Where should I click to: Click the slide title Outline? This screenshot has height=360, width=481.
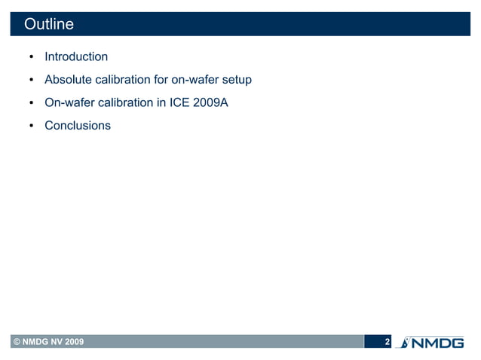tap(49, 24)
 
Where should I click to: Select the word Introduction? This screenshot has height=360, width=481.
tap(76, 56)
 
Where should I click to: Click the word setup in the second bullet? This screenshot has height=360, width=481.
tap(235, 79)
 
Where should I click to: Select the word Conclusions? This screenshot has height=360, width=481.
tap(78, 125)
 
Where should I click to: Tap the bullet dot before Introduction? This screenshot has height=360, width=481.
tap(31, 57)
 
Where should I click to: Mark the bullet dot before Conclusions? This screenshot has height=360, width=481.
tap(31, 126)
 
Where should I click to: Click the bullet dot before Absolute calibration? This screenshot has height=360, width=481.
tap(31, 80)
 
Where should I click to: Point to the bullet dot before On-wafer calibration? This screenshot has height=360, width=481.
tap(31, 103)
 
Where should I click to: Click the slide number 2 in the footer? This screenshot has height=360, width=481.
tap(387, 343)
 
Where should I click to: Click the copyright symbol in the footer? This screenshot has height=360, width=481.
tap(15, 343)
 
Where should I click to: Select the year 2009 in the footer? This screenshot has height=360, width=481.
tap(74, 343)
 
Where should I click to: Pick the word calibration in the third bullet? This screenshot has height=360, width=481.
tap(129, 102)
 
